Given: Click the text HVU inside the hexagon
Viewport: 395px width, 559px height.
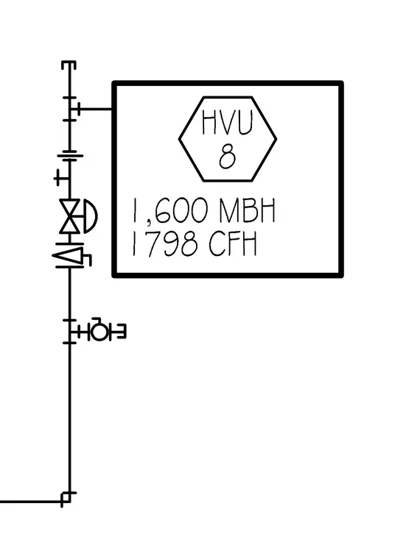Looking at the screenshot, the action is pos(228,122).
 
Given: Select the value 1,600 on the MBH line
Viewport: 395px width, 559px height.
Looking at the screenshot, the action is pos(169,211).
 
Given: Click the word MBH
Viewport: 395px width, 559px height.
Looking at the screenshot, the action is pos(247,210).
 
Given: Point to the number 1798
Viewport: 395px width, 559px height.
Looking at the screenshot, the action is pos(164,243).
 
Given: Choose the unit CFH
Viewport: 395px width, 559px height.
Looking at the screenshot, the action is pos(233,243).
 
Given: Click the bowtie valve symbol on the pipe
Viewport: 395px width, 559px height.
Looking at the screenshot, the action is pos(70,216).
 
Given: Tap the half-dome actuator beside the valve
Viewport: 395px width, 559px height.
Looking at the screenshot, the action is pos(91,216).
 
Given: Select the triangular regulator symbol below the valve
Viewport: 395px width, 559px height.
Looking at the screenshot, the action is pos(68,255).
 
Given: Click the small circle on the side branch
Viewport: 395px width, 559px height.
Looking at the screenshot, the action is pos(98,332).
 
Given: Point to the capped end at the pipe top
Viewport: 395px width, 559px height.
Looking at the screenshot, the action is pos(69,65).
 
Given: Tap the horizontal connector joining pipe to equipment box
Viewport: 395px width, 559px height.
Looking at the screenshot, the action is pos(94,109).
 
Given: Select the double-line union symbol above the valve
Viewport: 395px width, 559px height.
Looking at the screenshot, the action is pos(70,158).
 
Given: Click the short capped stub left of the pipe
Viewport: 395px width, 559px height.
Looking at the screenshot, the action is pos(62,177).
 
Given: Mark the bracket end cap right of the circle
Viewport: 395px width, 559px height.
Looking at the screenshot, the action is pos(121,332).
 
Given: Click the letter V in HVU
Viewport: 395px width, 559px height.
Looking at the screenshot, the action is pos(227,122).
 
